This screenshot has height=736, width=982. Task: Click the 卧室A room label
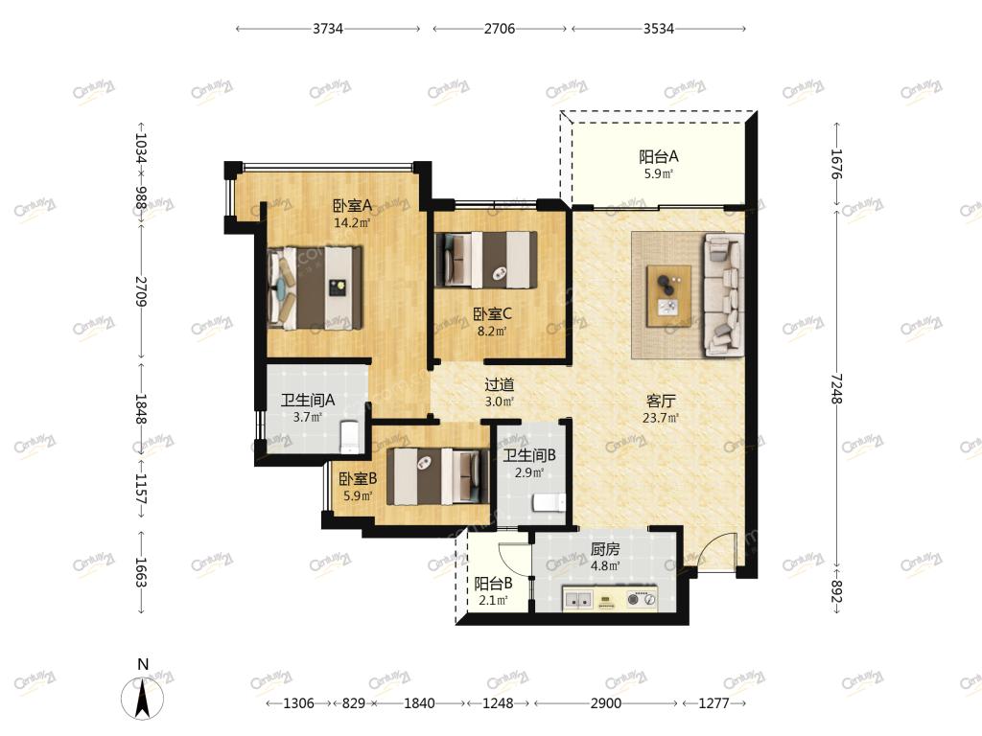352,205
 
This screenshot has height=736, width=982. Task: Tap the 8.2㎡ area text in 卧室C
492,331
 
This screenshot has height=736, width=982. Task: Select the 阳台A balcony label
658,156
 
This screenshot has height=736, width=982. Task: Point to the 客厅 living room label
661,401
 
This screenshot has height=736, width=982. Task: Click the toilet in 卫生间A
349,437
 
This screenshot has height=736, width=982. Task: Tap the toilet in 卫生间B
549,503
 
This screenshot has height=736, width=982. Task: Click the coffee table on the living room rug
668,295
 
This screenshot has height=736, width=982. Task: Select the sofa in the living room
725,295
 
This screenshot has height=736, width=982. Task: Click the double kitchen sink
578,599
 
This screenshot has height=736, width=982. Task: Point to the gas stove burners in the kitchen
642,599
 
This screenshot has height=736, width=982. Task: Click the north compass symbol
143,698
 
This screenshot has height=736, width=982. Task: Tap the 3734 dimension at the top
328,28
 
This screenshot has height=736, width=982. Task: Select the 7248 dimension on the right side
836,388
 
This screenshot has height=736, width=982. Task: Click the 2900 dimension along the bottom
606,702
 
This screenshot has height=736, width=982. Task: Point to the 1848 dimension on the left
141,408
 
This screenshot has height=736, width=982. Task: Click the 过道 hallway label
499,384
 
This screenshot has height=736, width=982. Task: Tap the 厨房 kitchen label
605,549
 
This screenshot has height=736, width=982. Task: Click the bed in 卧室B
437,476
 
